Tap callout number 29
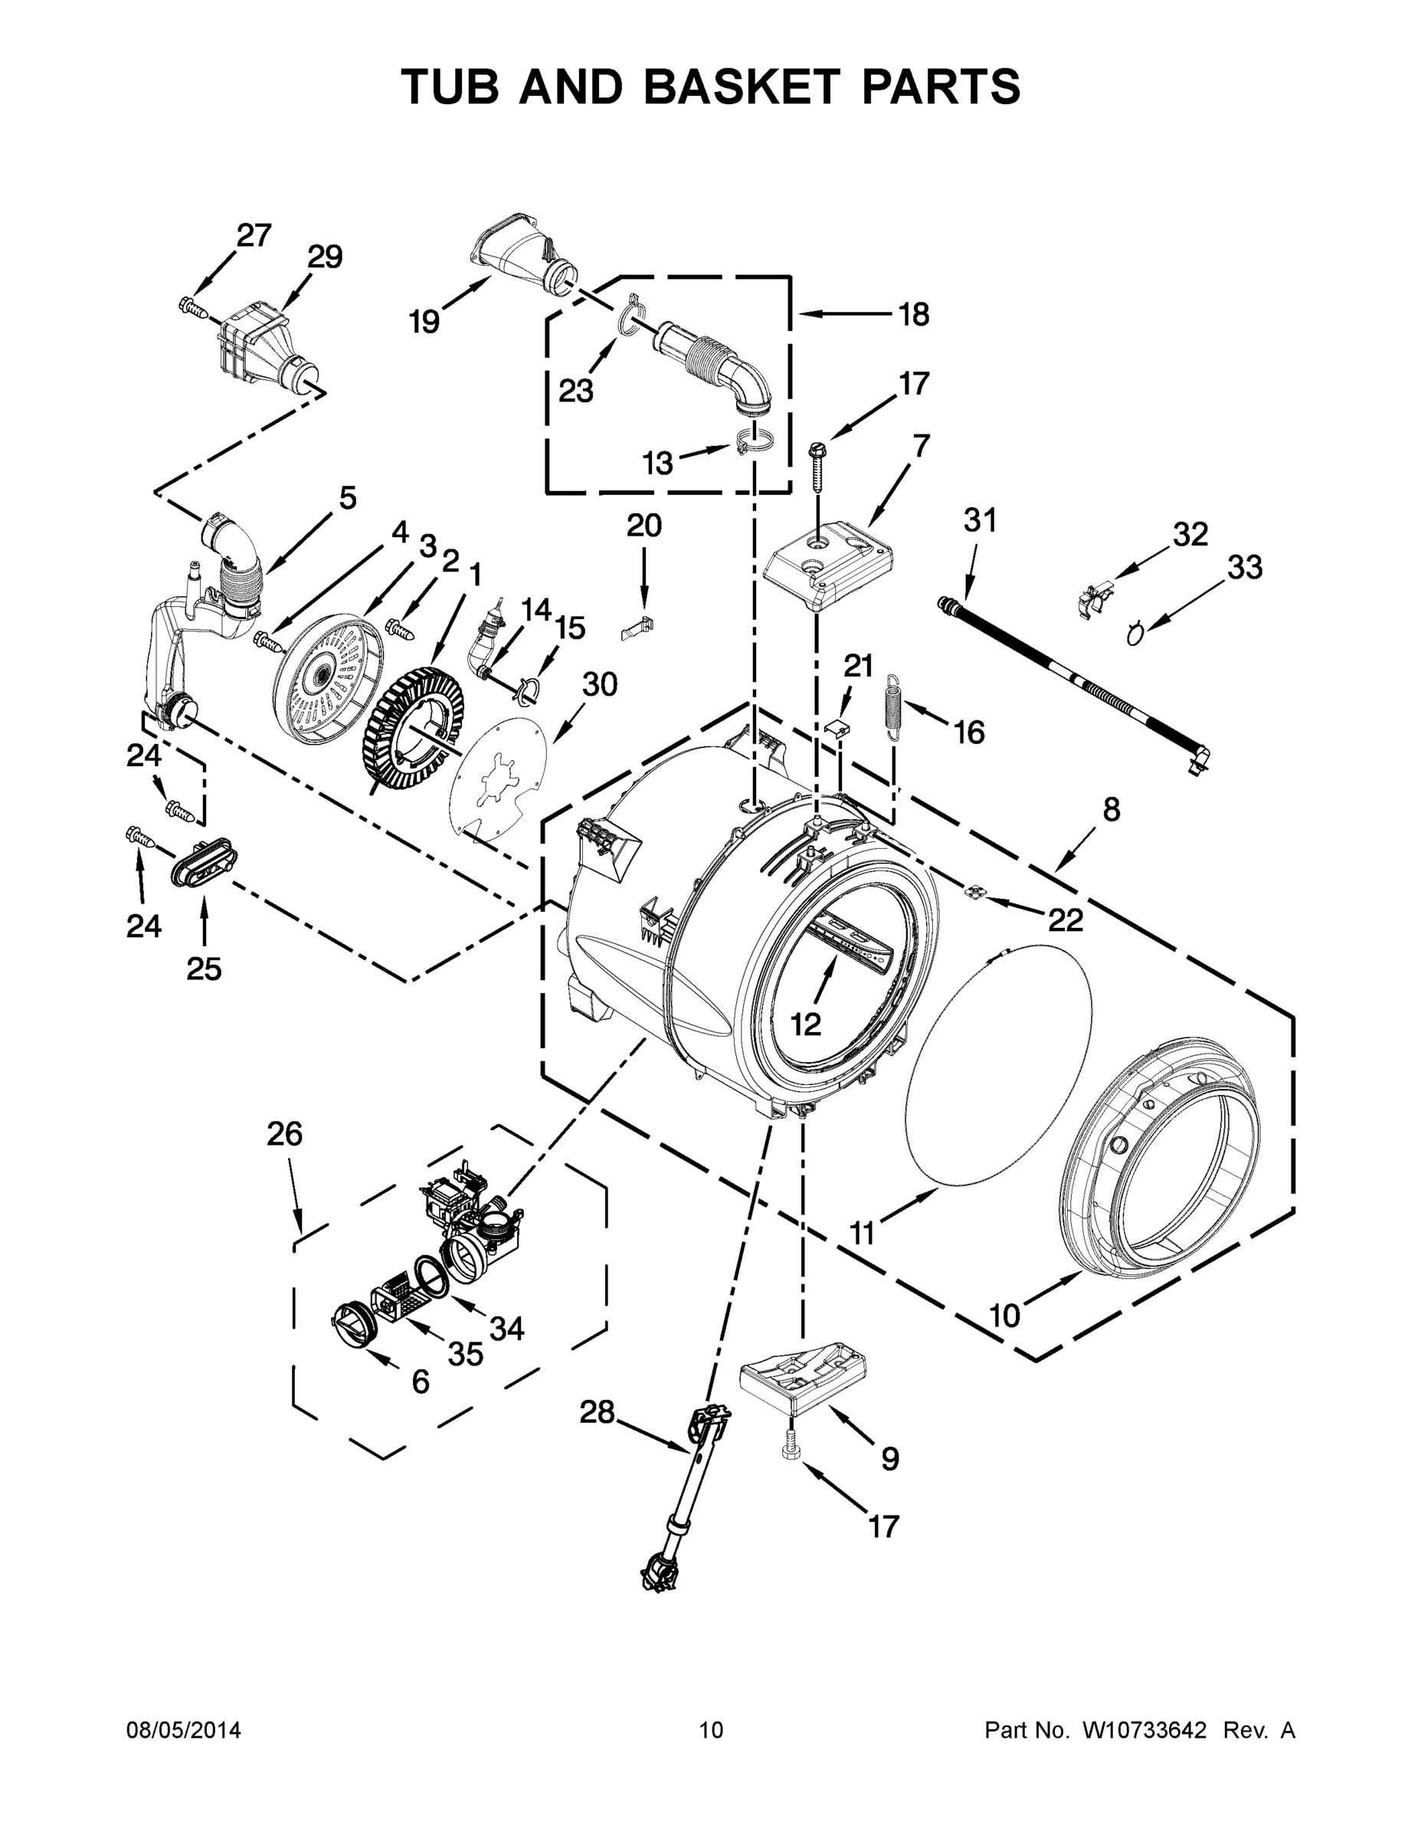click(324, 257)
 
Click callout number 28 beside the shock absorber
click(597, 1411)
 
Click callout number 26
click(284, 1134)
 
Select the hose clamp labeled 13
click(754, 441)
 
